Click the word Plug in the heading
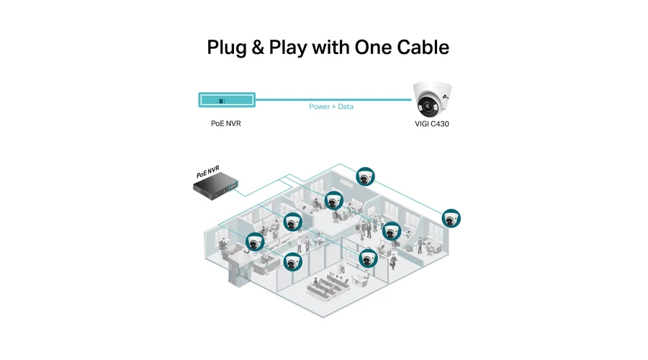click(x=227, y=48)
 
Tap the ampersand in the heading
click(x=258, y=47)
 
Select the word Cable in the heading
click(x=423, y=47)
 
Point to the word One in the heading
click(x=373, y=47)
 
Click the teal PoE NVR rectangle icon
click(x=227, y=99)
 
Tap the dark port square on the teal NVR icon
click(x=221, y=101)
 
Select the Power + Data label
click(x=331, y=107)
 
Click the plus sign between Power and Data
click(x=334, y=107)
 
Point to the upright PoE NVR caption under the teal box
click(x=226, y=124)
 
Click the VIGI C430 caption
click(x=432, y=124)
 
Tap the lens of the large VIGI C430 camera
click(x=427, y=107)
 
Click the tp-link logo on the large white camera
click(x=446, y=96)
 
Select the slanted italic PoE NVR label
click(x=207, y=171)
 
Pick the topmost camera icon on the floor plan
click(x=365, y=176)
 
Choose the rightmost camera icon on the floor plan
click(x=451, y=218)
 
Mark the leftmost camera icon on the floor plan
click(x=255, y=242)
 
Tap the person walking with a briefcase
click(x=393, y=261)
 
